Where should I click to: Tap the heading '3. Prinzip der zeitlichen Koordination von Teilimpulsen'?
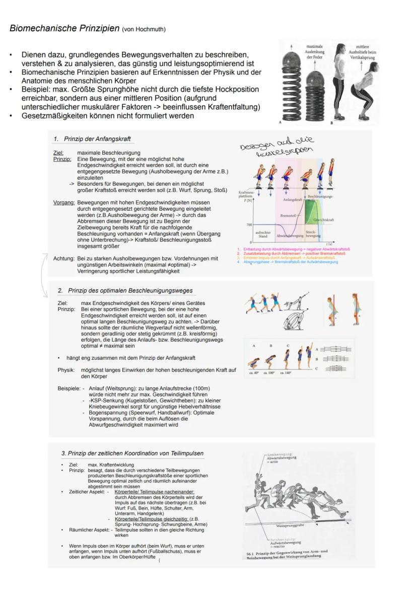132,453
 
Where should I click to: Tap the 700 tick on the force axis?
249,225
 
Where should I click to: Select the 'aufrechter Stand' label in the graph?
262,234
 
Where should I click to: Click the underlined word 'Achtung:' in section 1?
63,258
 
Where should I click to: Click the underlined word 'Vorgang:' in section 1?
64,203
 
